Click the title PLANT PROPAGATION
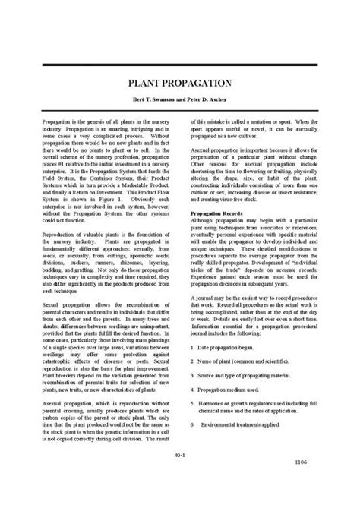(179, 82)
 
